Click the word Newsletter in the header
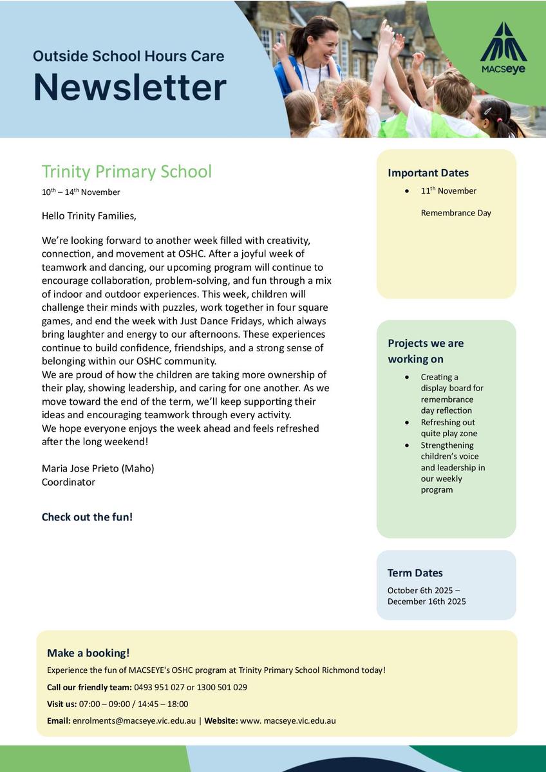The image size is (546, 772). [129, 87]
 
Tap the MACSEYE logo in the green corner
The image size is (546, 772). [503, 48]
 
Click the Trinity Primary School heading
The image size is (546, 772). [126, 172]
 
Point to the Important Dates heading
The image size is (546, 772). [428, 173]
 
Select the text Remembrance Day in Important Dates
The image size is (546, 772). [456, 213]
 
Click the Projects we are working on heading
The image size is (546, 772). [426, 351]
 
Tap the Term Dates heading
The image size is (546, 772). [415, 573]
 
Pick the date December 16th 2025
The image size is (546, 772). [427, 602]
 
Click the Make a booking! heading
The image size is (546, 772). [88, 653]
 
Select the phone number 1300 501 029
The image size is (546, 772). [221, 687]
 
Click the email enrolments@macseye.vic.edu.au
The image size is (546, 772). [134, 721]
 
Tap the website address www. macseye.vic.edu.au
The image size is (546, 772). [288, 721]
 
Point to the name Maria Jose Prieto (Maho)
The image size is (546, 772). [98, 468]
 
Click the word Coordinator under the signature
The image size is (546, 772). [68, 482]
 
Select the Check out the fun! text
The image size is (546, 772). [87, 517]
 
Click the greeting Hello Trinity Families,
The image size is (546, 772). [89, 216]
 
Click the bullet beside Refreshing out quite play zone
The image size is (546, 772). [407, 423]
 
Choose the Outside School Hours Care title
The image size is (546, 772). [129, 56]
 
